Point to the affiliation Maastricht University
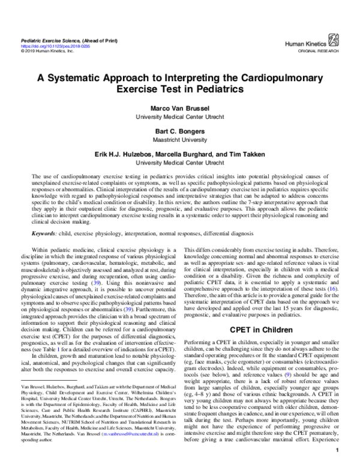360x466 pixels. tap(180, 139)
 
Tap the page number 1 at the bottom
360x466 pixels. tap(339, 450)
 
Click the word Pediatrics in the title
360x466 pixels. tap(212, 90)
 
